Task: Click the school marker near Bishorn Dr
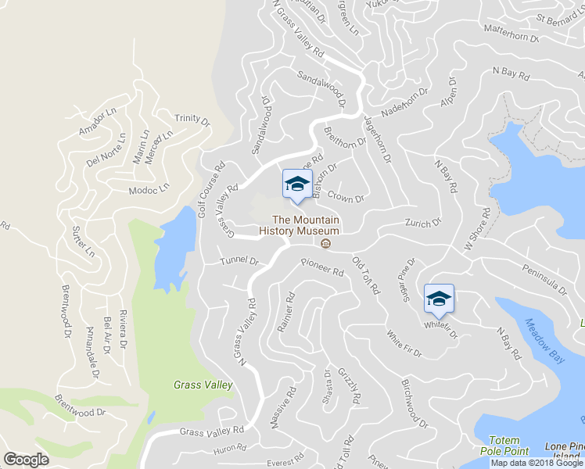(296, 184)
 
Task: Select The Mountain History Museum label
(306, 225)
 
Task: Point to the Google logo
(27, 459)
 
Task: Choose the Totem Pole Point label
(508, 446)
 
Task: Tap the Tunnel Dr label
(239, 260)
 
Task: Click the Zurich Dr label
(423, 224)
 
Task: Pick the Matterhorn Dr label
(513, 37)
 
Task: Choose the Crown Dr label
(346, 197)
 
